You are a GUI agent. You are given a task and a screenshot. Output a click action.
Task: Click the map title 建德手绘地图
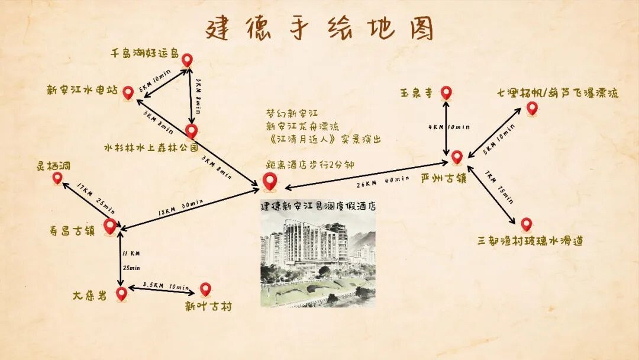(x=319, y=28)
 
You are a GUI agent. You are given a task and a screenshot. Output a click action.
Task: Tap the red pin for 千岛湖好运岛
(x=187, y=59)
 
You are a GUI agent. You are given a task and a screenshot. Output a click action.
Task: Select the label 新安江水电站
(x=82, y=91)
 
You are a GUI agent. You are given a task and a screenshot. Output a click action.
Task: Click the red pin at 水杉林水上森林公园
(x=191, y=130)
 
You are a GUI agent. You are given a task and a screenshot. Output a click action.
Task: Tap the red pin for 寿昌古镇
(x=110, y=226)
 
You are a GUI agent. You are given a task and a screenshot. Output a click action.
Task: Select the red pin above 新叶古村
(x=205, y=288)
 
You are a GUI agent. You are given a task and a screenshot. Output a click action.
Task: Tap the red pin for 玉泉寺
(x=446, y=92)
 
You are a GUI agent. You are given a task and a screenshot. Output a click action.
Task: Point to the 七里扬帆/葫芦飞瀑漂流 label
(x=558, y=93)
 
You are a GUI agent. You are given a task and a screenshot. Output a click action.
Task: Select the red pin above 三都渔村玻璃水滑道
(x=526, y=224)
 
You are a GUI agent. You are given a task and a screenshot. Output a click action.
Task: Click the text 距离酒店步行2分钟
(x=310, y=165)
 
